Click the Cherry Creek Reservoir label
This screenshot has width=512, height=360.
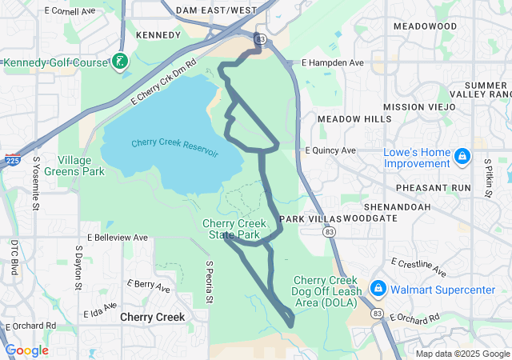[x=175, y=148]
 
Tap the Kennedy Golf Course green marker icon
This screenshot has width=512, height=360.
[x=120, y=62]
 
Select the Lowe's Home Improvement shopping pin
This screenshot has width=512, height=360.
[x=462, y=155]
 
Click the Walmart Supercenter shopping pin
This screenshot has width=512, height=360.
[x=379, y=288]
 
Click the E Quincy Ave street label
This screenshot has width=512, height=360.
[x=330, y=150]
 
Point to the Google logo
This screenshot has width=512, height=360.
[x=26, y=350]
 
